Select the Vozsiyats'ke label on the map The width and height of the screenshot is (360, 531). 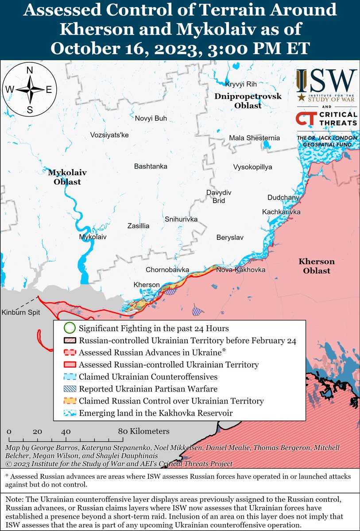click(109, 135)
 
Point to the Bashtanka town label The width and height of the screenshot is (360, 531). click(151, 166)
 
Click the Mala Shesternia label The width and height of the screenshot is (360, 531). click(254, 138)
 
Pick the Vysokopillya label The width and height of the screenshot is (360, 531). click(252, 167)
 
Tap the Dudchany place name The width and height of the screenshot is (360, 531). click(283, 197)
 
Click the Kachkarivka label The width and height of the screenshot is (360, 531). click(281, 212)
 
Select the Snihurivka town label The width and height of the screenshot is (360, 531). click(181, 219)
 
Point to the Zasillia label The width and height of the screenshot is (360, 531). click(138, 226)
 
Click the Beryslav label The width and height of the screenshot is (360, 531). click(230, 238)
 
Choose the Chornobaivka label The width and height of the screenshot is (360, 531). click(168, 269)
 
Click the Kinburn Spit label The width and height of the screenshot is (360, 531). click(21, 312)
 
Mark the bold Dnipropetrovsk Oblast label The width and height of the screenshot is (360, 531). click(248, 101)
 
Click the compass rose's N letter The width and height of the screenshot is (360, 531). click(30, 70)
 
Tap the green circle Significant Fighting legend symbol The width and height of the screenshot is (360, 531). click(69, 329)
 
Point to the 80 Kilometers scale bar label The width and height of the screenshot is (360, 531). click(144, 431)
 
